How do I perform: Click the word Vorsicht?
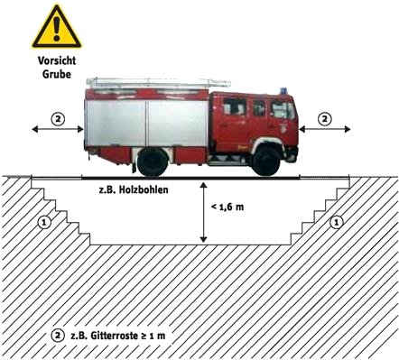(x=57, y=60)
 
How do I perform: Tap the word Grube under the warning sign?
(x=57, y=74)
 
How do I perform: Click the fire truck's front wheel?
(x=266, y=161)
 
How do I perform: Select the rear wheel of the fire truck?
(x=153, y=162)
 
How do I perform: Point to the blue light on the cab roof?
(x=283, y=91)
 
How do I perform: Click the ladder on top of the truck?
(x=159, y=82)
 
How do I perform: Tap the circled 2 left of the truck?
(x=58, y=119)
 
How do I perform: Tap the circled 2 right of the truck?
(x=325, y=119)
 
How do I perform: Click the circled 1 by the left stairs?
(x=44, y=223)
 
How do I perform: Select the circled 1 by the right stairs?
(x=337, y=223)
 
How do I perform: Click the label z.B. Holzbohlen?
(x=134, y=190)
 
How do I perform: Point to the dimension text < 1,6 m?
(x=227, y=208)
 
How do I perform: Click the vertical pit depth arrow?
(x=204, y=212)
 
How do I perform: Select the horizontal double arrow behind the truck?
(x=58, y=129)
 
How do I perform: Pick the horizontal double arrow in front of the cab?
(x=325, y=129)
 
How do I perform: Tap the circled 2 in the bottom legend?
(x=58, y=336)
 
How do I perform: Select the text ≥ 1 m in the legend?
(x=153, y=336)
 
